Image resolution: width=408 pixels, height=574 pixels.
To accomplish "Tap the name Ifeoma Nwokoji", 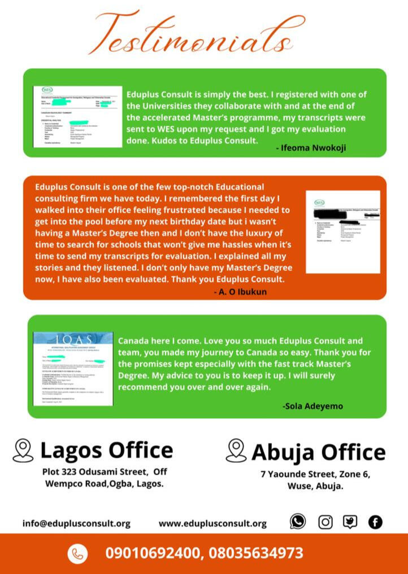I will point(311,148).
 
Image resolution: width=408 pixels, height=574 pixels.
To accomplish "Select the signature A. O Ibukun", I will point(241,292).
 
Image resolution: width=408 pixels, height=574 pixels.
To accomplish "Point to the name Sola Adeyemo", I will point(312,406).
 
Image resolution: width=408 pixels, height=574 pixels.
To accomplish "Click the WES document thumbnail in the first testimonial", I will point(77,117).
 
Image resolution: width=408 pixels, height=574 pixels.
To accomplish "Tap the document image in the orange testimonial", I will point(342,232).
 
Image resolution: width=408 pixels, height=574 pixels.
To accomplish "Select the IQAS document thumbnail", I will point(73,369).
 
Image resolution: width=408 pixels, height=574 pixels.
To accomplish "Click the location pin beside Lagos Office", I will point(23,450).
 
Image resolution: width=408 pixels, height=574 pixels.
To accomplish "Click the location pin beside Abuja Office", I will point(236,450).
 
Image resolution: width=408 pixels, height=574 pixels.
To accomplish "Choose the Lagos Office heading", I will point(107,450).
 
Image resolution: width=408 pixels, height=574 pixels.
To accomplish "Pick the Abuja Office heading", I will point(318,452).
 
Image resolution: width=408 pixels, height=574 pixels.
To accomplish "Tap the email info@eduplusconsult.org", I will point(76,523).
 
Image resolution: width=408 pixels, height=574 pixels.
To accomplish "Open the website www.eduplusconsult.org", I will point(212,523).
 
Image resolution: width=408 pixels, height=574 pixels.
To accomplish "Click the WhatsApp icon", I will point(298,522).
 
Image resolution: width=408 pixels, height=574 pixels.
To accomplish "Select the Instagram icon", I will point(325,522).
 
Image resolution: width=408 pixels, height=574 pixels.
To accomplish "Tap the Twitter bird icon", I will point(350,522).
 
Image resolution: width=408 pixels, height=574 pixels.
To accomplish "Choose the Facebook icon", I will point(375,522).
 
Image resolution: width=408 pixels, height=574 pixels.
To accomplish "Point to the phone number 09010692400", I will point(153,553).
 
